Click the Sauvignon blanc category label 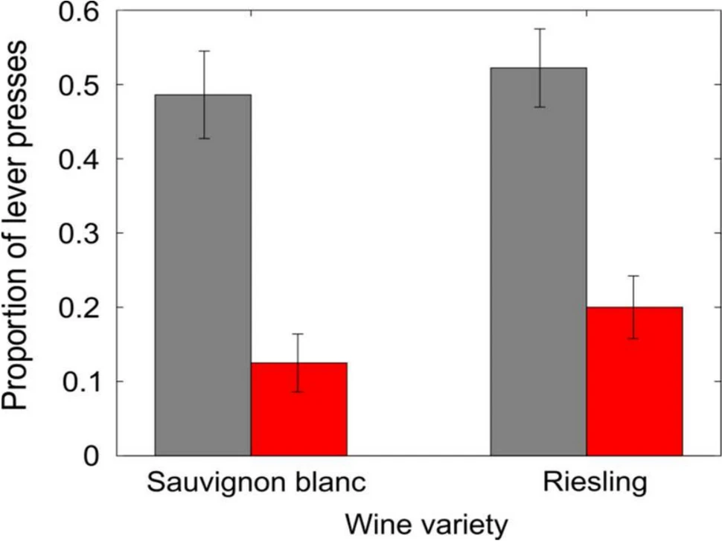pos(257,483)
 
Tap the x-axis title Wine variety pos(420,523)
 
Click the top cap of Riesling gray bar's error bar pos(539,29)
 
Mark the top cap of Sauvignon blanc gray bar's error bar pos(203,51)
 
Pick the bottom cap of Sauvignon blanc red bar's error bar pos(298,391)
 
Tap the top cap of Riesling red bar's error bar pos(634,276)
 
